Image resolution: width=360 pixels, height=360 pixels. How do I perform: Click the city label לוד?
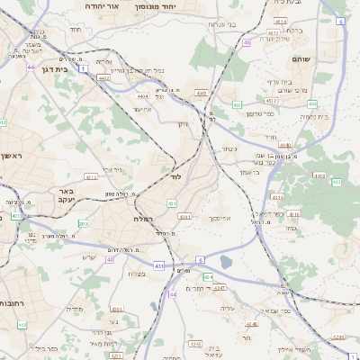175,177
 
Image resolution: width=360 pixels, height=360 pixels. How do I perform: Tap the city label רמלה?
144,219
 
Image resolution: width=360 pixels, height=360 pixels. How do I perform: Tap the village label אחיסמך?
220,219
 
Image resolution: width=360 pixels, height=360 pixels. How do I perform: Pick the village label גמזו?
291,228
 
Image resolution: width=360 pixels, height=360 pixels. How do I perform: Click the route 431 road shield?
159,266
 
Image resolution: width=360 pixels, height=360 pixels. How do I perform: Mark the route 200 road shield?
83,222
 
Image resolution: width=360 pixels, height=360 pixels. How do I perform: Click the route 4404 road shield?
142,94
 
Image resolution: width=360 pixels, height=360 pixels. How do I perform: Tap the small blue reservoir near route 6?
225,262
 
